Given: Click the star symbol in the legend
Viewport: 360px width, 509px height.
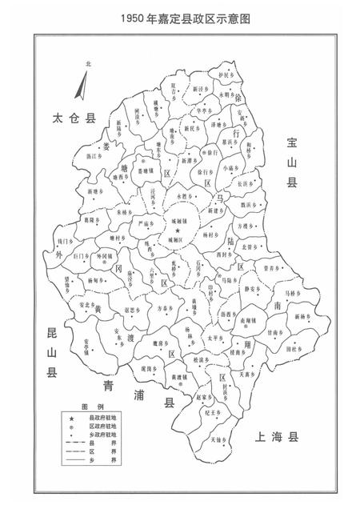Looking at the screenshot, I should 71,419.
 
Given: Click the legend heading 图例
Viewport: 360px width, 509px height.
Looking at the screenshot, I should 89,407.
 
